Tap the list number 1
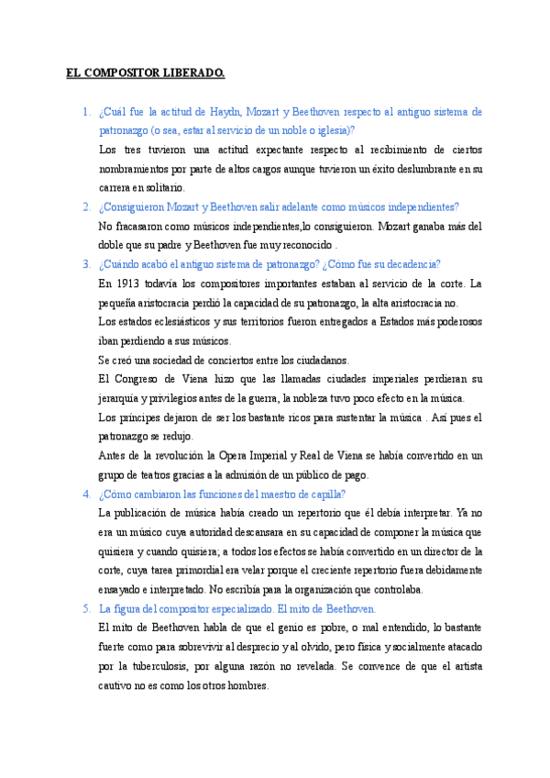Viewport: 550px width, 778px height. point(85,112)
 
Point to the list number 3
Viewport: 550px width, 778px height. point(85,264)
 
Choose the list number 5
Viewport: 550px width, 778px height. point(85,608)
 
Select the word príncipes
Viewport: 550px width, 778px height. point(143,417)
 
